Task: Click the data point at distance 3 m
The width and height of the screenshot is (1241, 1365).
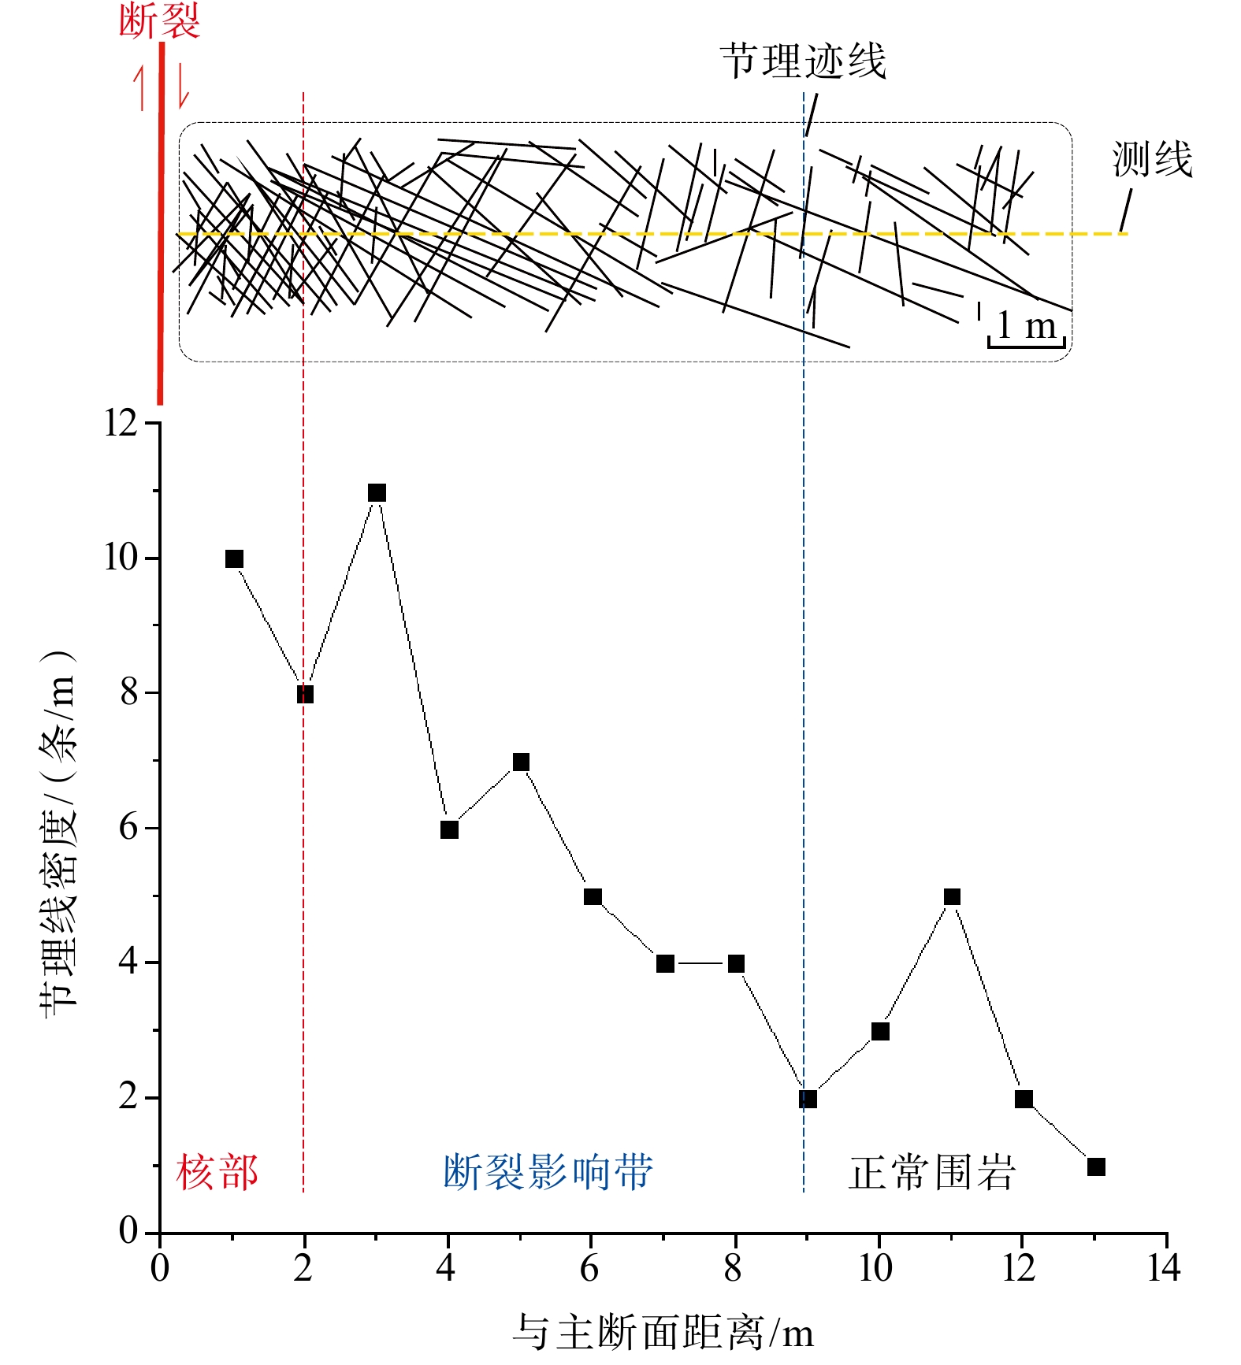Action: [377, 493]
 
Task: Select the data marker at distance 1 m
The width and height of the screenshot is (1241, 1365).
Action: [234, 559]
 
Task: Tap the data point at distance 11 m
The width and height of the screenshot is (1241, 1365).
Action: [952, 896]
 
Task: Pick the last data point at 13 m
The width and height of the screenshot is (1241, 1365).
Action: [1096, 1167]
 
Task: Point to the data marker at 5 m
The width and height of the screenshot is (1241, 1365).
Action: [521, 762]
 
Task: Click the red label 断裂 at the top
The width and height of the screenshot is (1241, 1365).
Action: [159, 20]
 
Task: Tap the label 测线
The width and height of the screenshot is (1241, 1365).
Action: [1152, 159]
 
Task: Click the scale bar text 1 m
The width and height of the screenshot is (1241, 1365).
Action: [1026, 325]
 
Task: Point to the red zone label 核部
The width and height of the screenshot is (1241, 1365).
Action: [217, 1172]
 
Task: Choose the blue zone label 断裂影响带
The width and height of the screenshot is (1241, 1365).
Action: [548, 1172]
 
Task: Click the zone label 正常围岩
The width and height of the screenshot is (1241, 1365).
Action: [932, 1172]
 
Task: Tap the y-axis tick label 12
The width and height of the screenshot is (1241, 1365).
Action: [121, 424]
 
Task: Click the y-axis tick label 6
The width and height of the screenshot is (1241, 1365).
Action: [128, 828]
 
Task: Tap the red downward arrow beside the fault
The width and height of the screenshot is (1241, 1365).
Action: [183, 87]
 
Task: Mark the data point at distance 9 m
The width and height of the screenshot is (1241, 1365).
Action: [808, 1099]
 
